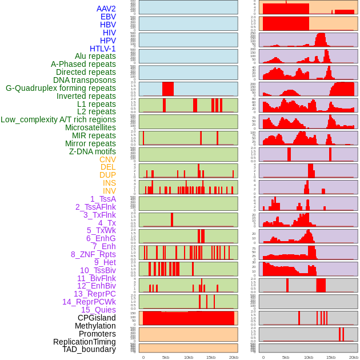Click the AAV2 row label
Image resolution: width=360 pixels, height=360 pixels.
[106, 9]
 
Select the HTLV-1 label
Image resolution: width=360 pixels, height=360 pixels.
[102, 49]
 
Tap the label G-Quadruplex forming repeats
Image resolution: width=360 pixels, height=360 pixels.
[61, 88]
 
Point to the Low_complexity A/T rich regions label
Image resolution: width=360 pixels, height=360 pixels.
[58, 119]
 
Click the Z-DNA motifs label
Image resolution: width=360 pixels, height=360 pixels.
[93, 151]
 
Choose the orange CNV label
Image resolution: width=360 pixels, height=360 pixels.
[107, 159]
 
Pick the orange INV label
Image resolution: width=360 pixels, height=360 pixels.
[109, 191]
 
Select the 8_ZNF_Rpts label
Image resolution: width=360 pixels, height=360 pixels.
[93, 254]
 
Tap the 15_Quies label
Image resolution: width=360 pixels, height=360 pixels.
[98, 310]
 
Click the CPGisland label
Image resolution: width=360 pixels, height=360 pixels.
[97, 318]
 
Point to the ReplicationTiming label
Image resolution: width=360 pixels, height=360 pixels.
[85, 342]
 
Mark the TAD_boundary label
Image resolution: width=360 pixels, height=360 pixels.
[89, 349]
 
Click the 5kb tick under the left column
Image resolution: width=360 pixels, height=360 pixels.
[166, 357]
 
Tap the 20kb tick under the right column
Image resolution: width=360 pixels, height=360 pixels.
[354, 357]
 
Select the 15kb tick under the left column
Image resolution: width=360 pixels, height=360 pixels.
[211, 357]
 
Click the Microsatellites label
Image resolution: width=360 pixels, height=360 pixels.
[90, 127]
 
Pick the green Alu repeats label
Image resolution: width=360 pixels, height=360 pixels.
[95, 56]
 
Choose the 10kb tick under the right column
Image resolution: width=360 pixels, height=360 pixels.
[309, 357]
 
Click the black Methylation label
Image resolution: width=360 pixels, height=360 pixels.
[91, 326]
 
